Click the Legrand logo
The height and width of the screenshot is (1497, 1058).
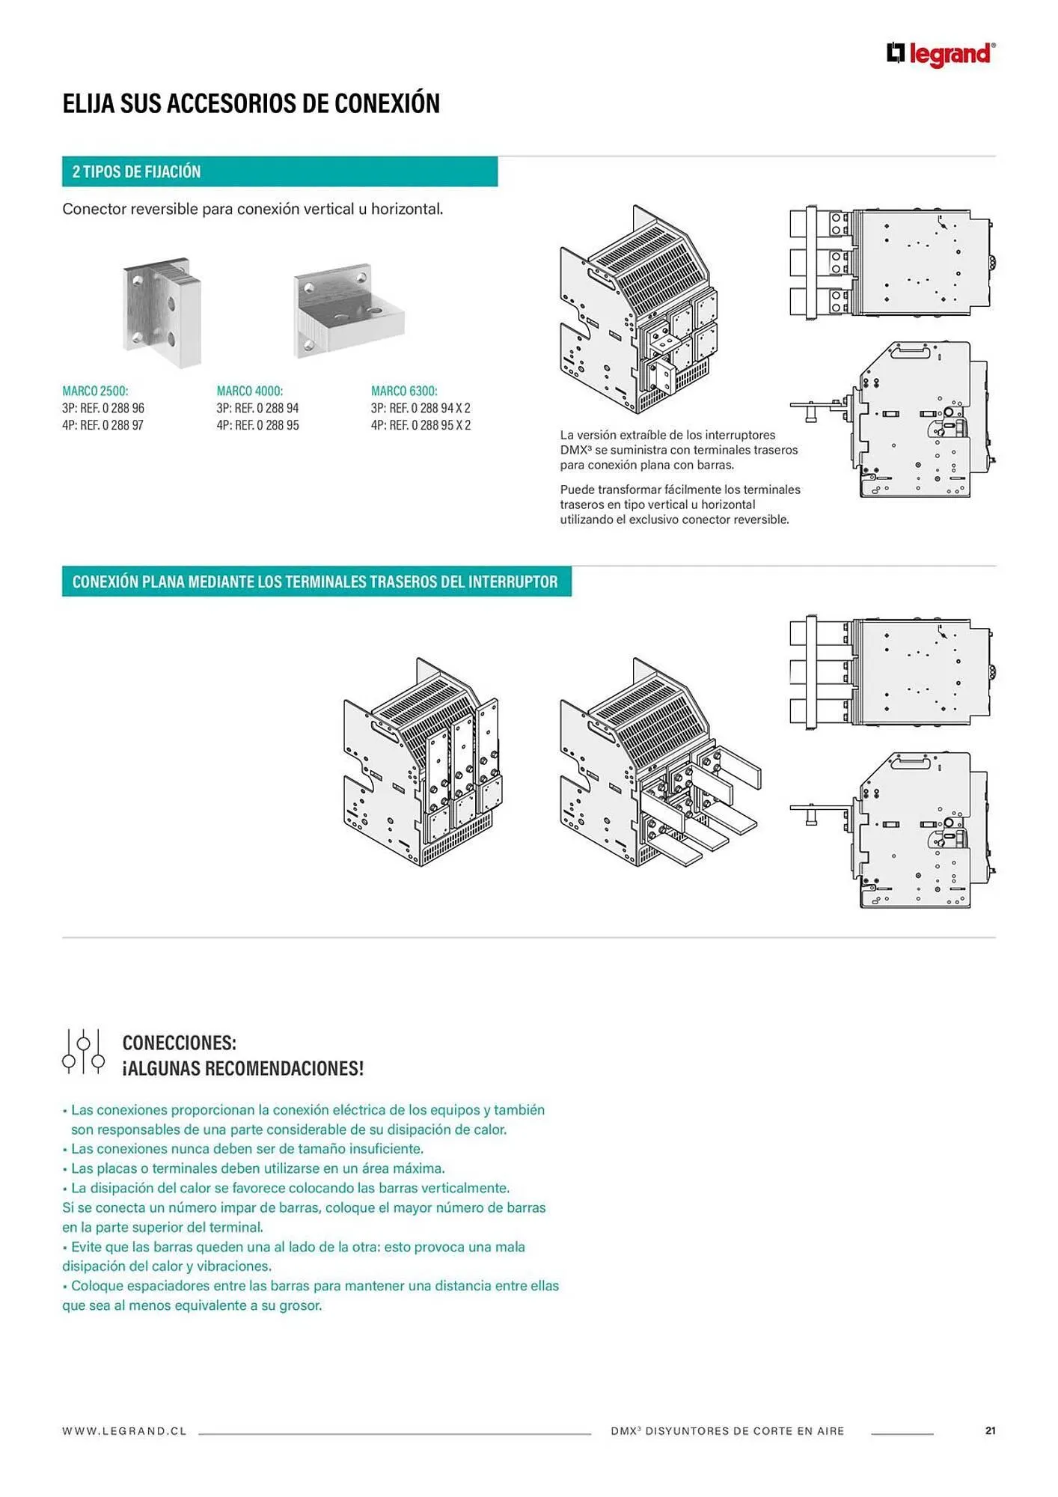point(941,54)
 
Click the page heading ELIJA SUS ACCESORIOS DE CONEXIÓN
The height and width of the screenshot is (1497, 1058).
point(251,103)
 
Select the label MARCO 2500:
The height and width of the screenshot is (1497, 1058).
point(95,391)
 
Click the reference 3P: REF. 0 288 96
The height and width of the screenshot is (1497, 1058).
point(103,408)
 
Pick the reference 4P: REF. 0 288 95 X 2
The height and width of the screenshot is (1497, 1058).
point(421,425)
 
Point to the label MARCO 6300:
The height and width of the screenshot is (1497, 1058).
point(404,391)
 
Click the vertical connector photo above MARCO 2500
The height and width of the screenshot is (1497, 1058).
point(162,313)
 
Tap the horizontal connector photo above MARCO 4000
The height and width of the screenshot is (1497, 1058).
point(348,311)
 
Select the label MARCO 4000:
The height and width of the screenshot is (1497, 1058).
point(250,391)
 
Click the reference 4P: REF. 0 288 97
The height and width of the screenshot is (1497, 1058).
point(103,425)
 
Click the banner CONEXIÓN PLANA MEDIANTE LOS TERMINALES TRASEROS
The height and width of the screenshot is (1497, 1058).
point(315,582)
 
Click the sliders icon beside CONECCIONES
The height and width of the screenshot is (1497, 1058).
point(83,1051)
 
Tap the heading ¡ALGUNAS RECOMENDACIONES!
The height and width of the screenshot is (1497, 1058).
point(243,1068)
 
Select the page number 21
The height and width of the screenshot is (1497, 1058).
point(990,1430)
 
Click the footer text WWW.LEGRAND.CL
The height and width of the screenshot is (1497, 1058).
point(124,1431)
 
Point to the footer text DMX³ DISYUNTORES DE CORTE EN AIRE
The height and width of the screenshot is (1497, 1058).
point(727,1431)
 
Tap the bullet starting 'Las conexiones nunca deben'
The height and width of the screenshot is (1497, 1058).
point(247,1149)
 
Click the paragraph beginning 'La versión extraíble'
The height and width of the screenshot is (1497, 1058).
point(679,449)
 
